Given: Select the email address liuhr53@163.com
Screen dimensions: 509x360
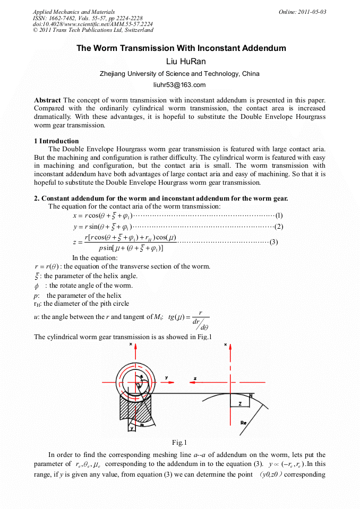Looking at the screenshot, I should pyautogui.click(x=179, y=85).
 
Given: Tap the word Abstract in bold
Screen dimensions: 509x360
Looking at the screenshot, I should pyautogui.click(x=47, y=100).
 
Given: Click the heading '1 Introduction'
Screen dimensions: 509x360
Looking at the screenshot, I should pyautogui.click(x=56, y=141).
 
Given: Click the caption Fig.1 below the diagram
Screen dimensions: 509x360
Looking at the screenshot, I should pyautogui.click(x=179, y=443).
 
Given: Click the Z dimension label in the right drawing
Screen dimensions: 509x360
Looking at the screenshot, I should pyautogui.click(x=239, y=404).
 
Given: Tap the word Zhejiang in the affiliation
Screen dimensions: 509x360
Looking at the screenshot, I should pyautogui.click(x=113, y=74).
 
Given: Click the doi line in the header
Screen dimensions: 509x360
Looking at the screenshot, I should pyautogui.click(x=93, y=24).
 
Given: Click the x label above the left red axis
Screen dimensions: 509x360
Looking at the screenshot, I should pyautogui.click(x=131, y=344).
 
